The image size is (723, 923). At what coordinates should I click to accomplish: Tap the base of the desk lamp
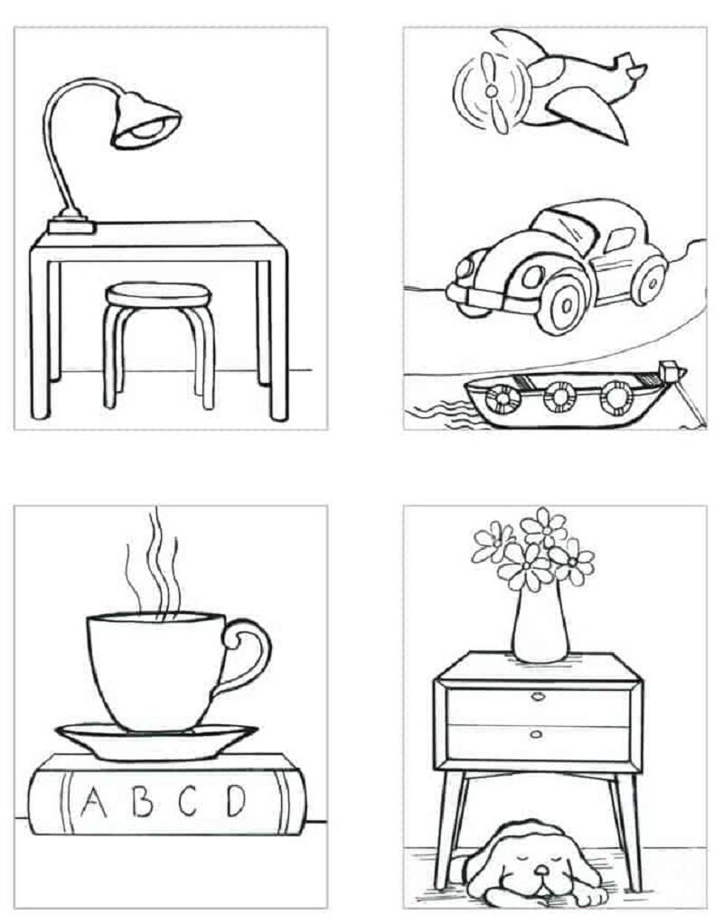pyautogui.click(x=70, y=224)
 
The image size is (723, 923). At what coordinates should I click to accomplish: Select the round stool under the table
pyautogui.click(x=158, y=344)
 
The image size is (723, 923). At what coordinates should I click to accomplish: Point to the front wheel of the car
pyautogui.click(x=566, y=304)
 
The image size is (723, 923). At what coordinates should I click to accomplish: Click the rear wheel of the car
pyautogui.click(x=650, y=279)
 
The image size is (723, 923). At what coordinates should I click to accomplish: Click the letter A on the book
pyautogui.click(x=93, y=801)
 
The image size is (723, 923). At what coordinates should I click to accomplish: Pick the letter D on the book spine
pyautogui.click(x=236, y=800)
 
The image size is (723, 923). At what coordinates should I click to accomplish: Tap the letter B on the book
pyautogui.click(x=142, y=801)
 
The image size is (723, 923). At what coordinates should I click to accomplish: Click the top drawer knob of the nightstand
pyautogui.click(x=538, y=697)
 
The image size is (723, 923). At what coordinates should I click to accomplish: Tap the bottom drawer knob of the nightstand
pyautogui.click(x=537, y=734)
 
